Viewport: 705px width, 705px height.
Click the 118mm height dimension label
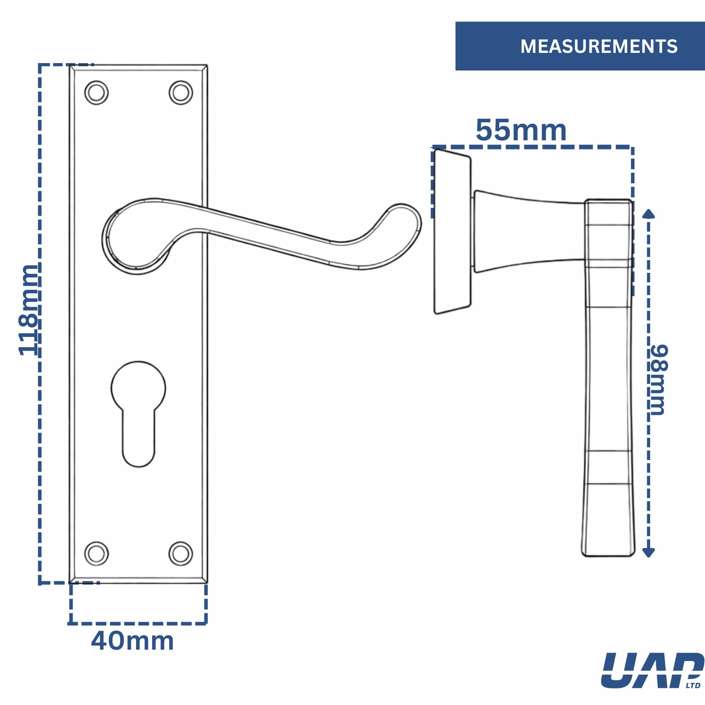(x=28, y=310)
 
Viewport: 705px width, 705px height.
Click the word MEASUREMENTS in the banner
(x=599, y=46)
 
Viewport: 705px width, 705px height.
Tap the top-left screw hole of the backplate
(x=96, y=92)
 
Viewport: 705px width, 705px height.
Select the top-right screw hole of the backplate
(x=180, y=92)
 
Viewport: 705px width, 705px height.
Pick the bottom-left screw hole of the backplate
(x=96, y=553)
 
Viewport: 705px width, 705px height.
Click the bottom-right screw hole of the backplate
(x=180, y=553)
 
